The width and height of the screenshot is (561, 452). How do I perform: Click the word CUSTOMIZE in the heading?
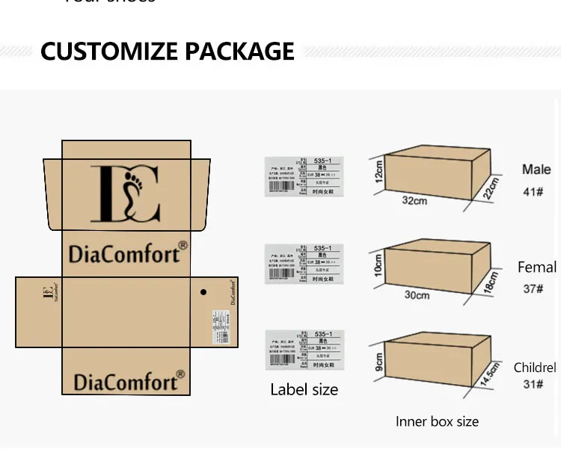coord(110,52)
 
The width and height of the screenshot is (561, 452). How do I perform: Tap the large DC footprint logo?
coord(125,194)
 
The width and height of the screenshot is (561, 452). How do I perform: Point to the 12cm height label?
coord(379,174)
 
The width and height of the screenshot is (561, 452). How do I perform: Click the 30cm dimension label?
coord(417,295)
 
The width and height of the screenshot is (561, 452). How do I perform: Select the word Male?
coord(536,170)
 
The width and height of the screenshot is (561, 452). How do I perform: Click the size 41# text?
coord(533,192)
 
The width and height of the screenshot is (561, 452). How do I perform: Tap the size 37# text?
coord(533,288)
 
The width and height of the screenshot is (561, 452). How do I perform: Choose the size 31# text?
coord(533,386)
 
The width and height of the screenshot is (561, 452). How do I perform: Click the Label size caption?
coord(304,389)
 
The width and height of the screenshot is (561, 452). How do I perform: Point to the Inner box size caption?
coord(437,422)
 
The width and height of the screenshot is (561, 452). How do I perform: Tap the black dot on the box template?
coord(203,292)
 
